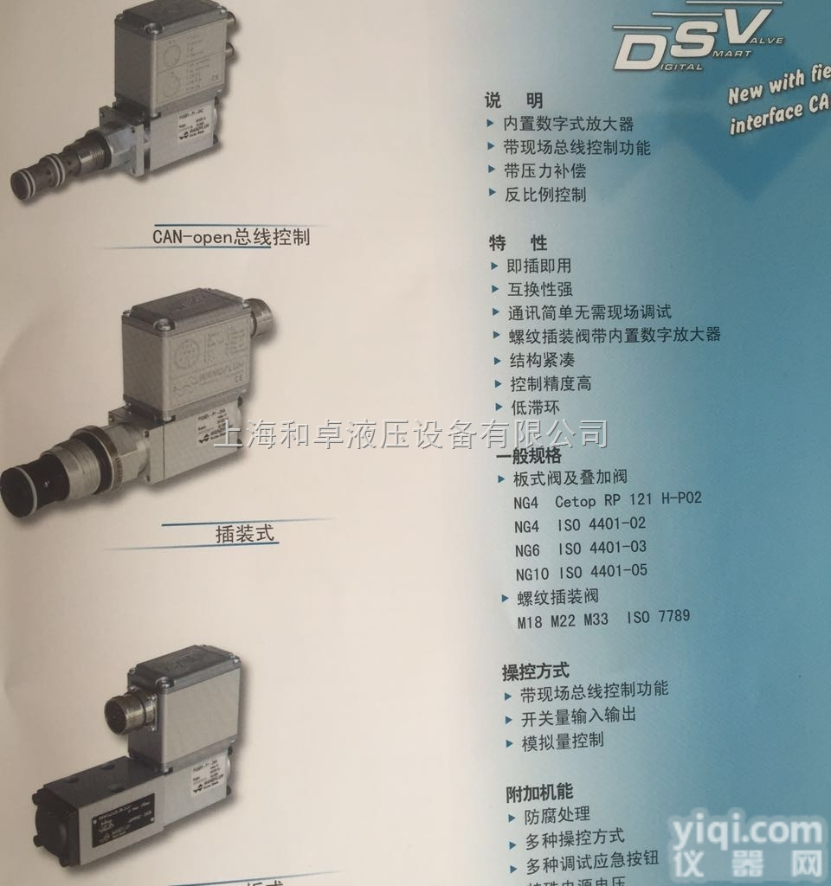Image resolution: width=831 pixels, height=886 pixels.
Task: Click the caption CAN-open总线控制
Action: point(230,235)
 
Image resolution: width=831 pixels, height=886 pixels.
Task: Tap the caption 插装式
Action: point(245,533)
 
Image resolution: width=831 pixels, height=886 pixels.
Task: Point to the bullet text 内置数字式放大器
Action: point(569,125)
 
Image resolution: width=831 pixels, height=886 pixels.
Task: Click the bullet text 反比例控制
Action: point(545,195)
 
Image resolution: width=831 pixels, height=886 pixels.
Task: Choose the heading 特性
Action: point(518,243)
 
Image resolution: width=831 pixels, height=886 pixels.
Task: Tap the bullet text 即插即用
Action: point(538,266)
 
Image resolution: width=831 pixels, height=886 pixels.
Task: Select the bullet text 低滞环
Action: point(535,407)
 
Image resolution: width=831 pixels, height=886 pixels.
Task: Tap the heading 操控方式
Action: point(536,670)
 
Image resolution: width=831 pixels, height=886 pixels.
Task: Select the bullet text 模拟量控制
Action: point(562,742)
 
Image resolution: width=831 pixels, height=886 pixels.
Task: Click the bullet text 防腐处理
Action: point(557,815)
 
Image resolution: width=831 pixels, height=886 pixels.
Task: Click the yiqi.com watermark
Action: point(762,843)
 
